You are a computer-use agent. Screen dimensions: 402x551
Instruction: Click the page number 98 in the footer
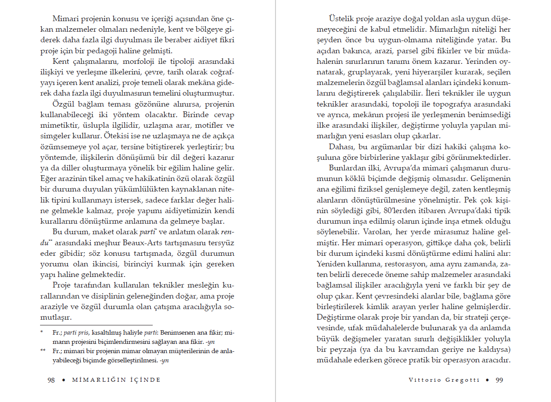click(51, 380)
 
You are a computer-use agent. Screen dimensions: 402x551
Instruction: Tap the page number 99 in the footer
click(499, 380)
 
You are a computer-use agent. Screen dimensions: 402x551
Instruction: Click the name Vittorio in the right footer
click(424, 380)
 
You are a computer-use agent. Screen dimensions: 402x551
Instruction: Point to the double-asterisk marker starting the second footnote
click(43, 350)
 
